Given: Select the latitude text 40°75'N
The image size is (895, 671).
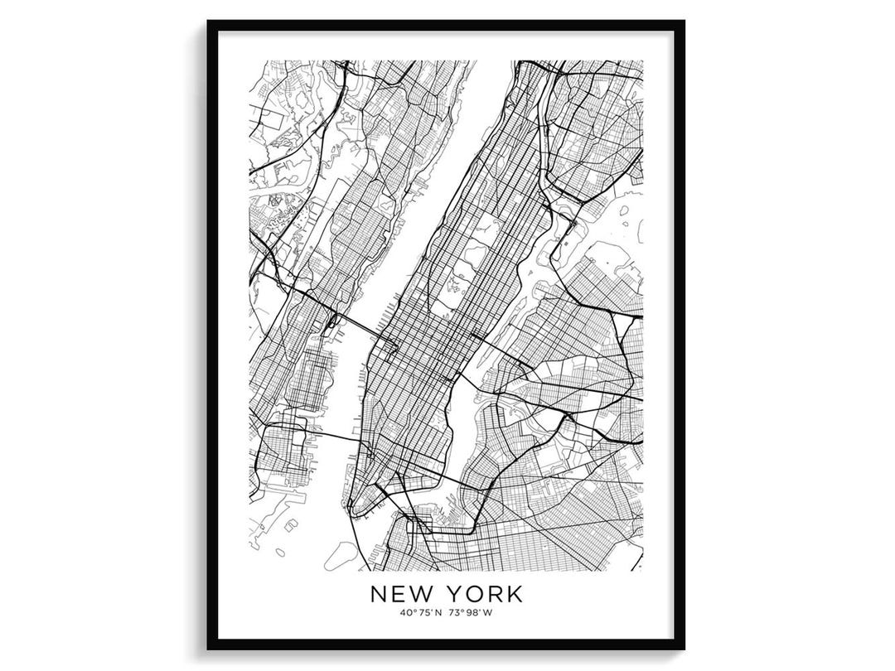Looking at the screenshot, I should [x=420, y=613].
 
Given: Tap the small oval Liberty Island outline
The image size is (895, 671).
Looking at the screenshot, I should [x=280, y=552].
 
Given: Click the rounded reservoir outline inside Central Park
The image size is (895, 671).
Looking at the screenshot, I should [x=479, y=251].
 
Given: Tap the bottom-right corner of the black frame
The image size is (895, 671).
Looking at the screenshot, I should [x=684, y=648].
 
